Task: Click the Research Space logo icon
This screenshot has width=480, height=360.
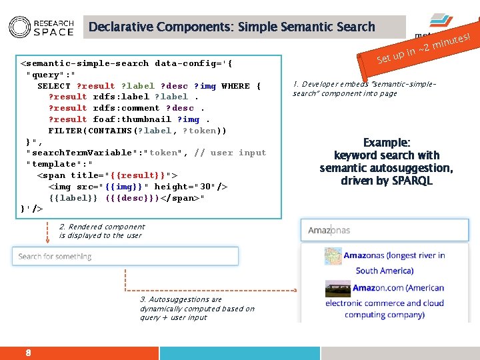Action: pos(19,27)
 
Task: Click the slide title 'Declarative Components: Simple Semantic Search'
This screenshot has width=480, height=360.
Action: pos(231,27)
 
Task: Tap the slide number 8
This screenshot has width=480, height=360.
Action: pos(28,353)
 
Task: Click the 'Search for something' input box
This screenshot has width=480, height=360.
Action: pos(125,256)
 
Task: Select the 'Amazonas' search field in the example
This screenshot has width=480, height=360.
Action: pos(384,231)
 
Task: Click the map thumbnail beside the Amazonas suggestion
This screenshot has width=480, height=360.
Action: pos(332,257)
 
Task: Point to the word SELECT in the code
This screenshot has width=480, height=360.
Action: pos(54,86)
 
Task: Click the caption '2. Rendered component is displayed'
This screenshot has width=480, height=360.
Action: pos(101,231)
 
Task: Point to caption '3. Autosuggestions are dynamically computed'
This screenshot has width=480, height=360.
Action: pos(197,308)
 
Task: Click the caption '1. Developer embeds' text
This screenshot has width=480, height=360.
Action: pos(364,89)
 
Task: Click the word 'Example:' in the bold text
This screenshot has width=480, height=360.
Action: pos(386,143)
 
